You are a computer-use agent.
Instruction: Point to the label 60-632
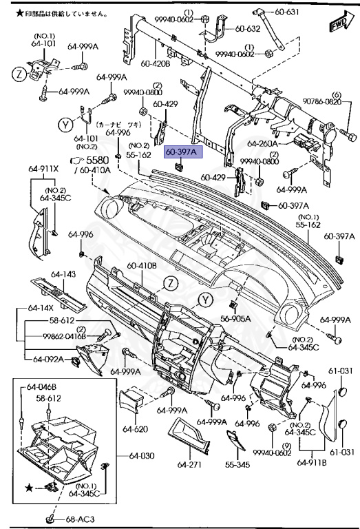coord(248,29)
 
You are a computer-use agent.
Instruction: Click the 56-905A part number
coord(235,318)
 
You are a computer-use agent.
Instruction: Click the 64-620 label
coord(136,428)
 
